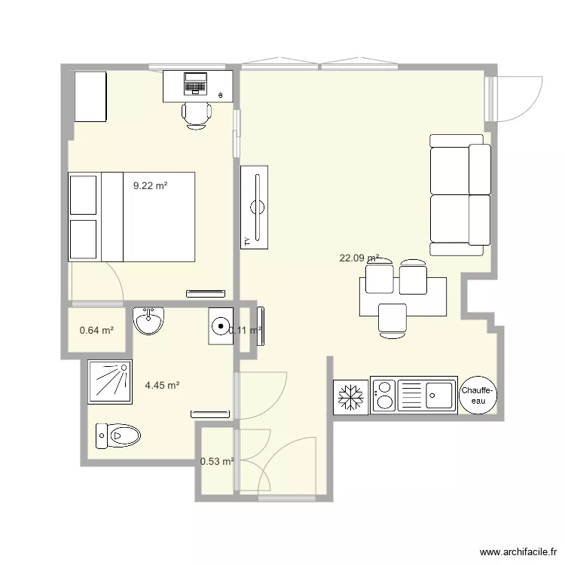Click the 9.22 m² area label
(x=150, y=185)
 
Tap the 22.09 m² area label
(x=359, y=258)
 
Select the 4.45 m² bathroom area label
(x=162, y=386)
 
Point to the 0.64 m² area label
(x=96, y=330)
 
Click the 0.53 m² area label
(x=217, y=462)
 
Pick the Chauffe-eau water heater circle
(x=478, y=395)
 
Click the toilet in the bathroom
(x=118, y=435)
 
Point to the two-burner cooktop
(x=383, y=395)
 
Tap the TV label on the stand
(x=246, y=241)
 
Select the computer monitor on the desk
(x=195, y=80)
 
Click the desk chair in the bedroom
(x=197, y=115)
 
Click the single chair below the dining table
(x=392, y=319)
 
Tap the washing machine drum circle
(x=221, y=326)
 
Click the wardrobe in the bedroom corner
(x=90, y=96)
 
